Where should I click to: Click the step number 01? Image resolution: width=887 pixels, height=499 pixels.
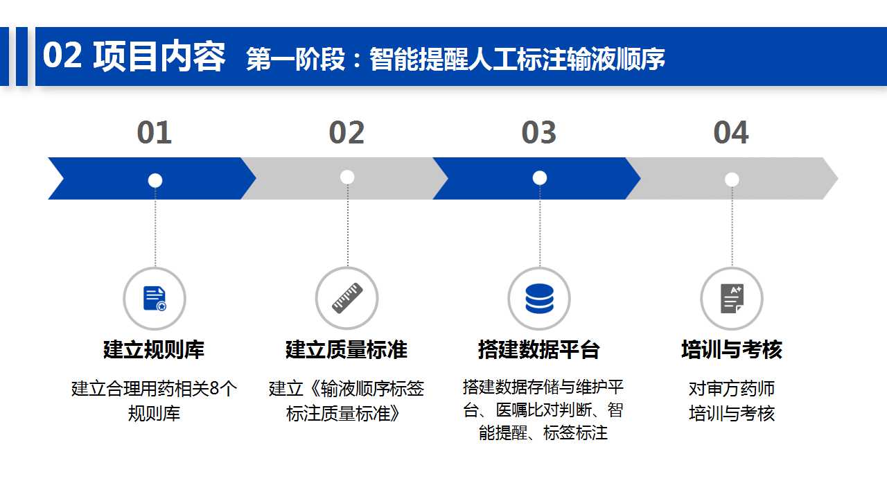point(155,132)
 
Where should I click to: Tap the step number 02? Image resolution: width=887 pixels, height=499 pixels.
point(346,132)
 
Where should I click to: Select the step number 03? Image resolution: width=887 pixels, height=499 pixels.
point(539,132)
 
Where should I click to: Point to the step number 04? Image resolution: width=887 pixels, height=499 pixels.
point(731,132)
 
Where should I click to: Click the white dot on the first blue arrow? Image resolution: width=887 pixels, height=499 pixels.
point(155,180)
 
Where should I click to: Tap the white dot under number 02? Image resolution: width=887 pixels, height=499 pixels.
point(347,177)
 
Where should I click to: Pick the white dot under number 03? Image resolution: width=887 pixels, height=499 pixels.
point(540,178)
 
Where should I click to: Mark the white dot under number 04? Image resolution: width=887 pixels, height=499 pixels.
point(732,180)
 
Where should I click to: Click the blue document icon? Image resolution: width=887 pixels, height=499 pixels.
point(155,299)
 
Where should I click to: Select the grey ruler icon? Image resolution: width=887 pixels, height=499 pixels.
point(347,298)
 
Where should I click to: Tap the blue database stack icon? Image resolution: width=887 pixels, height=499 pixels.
point(539,299)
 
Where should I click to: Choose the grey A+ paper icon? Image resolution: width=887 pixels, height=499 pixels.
point(732,299)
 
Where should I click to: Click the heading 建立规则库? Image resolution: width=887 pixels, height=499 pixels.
point(154,349)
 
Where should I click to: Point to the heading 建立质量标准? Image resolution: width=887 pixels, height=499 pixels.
point(346,349)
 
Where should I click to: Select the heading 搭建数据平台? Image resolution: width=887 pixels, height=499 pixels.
point(539,349)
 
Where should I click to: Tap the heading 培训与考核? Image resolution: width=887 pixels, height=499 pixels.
point(732,349)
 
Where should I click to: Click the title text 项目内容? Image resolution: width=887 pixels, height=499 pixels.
point(159,56)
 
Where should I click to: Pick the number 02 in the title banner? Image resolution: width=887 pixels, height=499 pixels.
point(62,55)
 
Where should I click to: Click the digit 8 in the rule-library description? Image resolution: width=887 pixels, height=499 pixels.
point(214,389)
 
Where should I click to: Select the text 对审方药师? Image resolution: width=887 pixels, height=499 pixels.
point(732,389)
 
